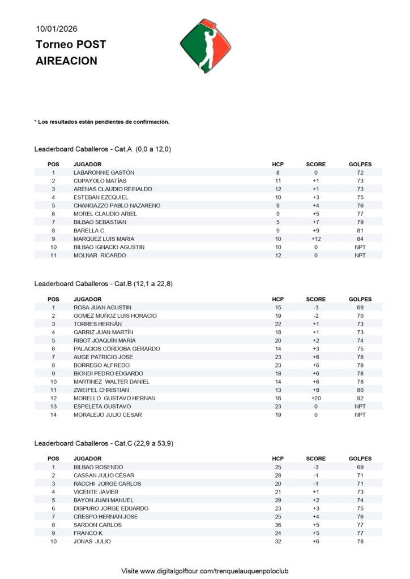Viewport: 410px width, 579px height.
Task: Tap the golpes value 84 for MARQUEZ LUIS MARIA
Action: click(x=360, y=239)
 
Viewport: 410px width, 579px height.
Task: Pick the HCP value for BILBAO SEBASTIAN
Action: click(x=277, y=222)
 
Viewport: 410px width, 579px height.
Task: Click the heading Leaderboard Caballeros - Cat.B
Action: click(x=103, y=283)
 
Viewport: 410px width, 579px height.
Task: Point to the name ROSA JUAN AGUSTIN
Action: click(x=103, y=307)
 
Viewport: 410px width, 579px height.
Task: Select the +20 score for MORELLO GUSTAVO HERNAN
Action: click(x=315, y=398)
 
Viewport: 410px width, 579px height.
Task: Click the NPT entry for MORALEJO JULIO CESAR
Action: click(x=360, y=414)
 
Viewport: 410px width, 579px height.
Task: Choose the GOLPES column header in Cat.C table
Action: click(x=360, y=459)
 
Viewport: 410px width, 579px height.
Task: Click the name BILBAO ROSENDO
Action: click(x=98, y=467)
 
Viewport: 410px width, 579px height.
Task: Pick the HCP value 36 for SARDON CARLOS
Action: click(x=277, y=525)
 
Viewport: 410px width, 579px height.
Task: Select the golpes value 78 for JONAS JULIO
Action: click(x=360, y=541)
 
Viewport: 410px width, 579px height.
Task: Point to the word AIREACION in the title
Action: click(x=66, y=61)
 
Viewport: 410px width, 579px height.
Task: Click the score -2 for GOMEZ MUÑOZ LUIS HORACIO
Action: click(x=315, y=316)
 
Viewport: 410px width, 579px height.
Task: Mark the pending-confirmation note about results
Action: click(x=102, y=122)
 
